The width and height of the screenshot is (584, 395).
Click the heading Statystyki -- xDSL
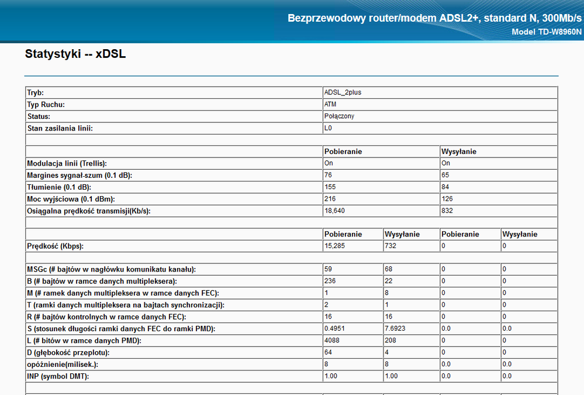[75, 55]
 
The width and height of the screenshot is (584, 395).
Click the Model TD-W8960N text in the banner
[547, 32]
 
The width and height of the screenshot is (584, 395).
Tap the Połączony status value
[339, 116]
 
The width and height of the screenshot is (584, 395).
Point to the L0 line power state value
[328, 128]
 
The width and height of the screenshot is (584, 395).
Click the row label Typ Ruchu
[46, 104]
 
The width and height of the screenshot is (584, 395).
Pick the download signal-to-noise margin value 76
[329, 175]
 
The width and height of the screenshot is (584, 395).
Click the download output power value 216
[330, 198]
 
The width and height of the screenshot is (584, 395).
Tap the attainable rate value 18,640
[335, 211]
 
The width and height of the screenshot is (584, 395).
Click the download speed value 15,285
[335, 246]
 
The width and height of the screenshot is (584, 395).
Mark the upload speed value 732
[391, 246]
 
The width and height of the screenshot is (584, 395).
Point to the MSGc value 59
[329, 269]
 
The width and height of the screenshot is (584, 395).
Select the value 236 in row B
[330, 281]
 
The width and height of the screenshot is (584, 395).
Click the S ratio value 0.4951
[334, 329]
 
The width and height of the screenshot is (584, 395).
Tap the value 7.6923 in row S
[395, 329]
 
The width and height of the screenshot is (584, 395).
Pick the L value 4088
[332, 341]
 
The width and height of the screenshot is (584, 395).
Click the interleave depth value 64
[329, 352]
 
